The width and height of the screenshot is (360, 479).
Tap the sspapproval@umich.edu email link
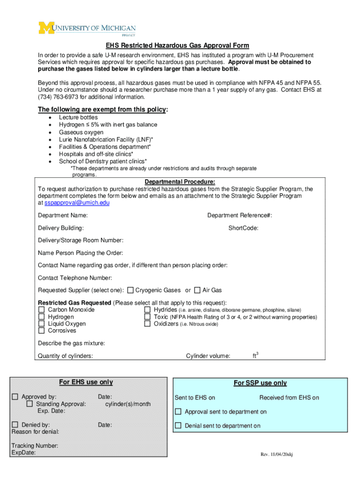click(x=77, y=203)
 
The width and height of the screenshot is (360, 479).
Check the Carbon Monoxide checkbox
click(x=41, y=310)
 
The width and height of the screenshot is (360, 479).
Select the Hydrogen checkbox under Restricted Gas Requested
click(x=41, y=317)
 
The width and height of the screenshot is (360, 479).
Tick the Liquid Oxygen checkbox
click(x=41, y=324)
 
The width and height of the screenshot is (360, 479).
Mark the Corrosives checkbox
click(x=41, y=331)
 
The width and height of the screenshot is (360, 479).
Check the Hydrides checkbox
click(x=147, y=310)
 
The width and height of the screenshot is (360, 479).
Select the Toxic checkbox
click(x=147, y=317)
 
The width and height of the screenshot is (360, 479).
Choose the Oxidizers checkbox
click(x=147, y=324)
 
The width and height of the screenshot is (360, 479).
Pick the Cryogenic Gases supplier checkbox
click(x=130, y=290)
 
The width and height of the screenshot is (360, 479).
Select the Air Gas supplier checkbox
click(x=197, y=290)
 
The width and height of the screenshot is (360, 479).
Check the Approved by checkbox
click(x=15, y=397)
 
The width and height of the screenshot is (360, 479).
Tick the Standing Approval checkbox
click(x=30, y=404)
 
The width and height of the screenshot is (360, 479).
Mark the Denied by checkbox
click(x=15, y=425)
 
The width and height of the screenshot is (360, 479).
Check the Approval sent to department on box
click(x=178, y=412)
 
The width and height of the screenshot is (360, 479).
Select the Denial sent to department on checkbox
click(x=178, y=426)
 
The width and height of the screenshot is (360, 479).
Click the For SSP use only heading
click(x=260, y=383)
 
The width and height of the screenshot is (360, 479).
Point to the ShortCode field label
click(x=243, y=228)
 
